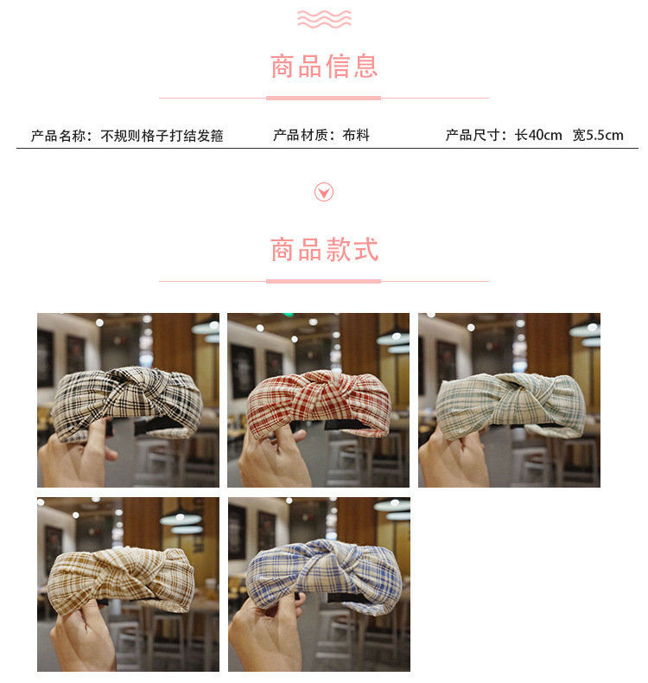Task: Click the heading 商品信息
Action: tap(324, 67)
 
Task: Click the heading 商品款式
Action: tap(324, 251)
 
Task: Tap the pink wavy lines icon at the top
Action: tap(324, 18)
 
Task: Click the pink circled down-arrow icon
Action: tap(324, 192)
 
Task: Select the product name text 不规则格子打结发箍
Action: tap(162, 136)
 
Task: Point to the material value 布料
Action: tap(355, 135)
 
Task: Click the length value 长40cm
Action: tap(538, 135)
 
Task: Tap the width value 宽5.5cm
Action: tap(598, 135)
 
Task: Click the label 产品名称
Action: tap(60, 136)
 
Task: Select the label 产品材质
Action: tap(302, 135)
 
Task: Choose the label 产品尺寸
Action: tap(475, 135)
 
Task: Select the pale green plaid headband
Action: tap(510, 403)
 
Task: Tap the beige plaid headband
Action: tap(121, 579)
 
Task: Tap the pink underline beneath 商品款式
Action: tap(323, 281)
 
